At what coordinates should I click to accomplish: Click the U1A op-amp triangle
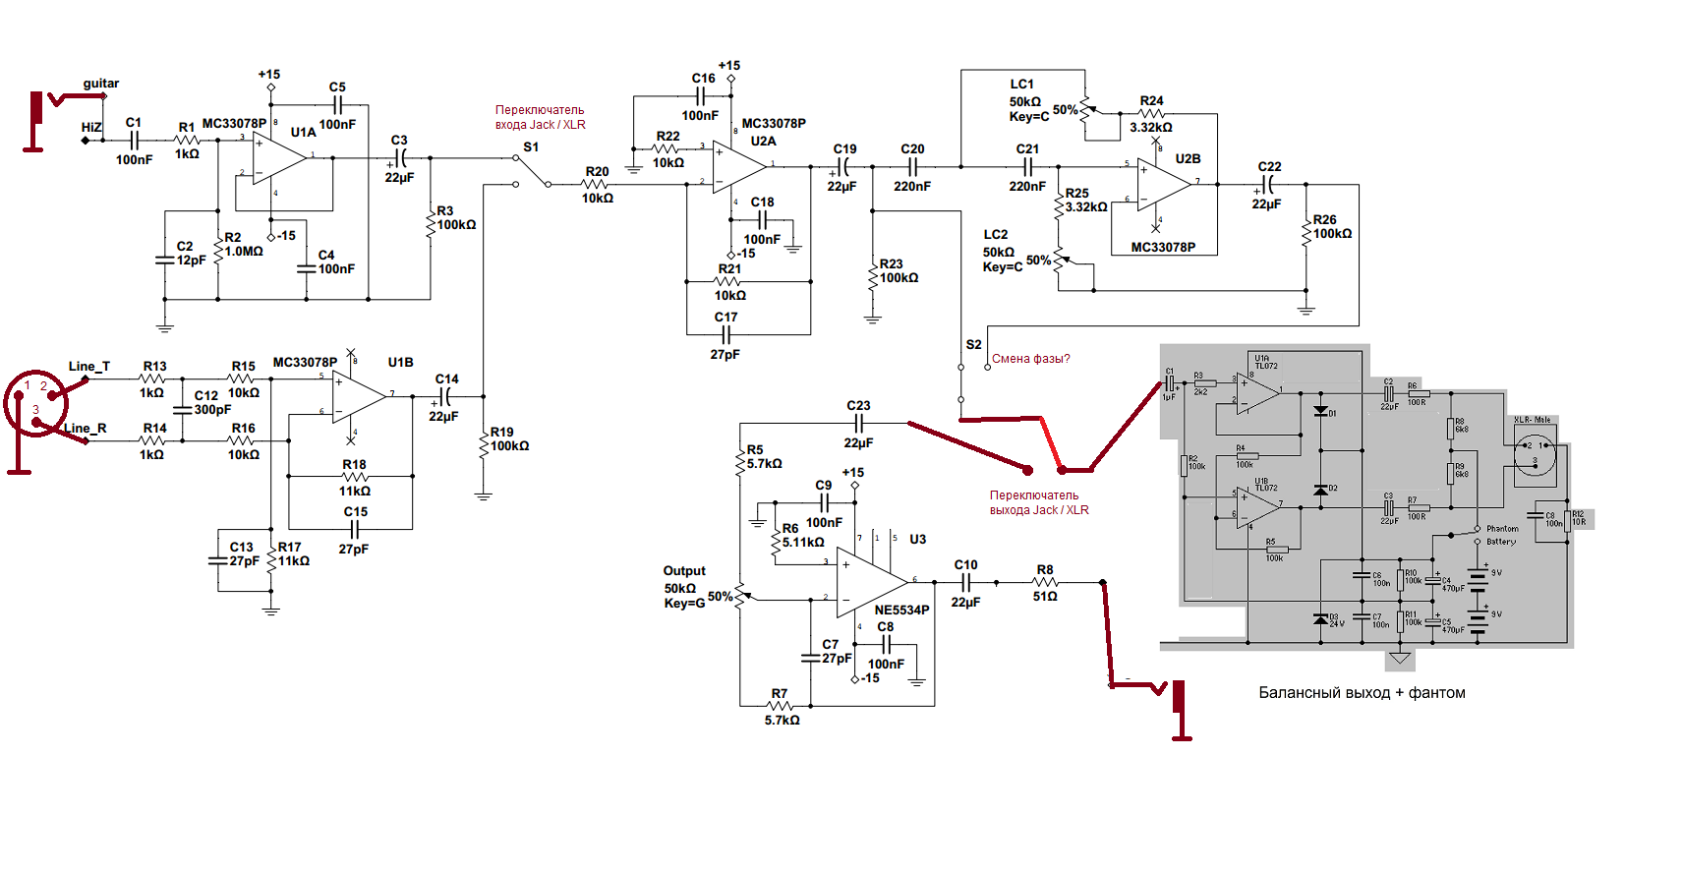tap(278, 156)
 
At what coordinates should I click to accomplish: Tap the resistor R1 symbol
tap(187, 141)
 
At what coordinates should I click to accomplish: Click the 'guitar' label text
tap(100, 84)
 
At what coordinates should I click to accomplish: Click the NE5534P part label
tap(901, 610)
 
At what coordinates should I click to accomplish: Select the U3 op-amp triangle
tap(869, 581)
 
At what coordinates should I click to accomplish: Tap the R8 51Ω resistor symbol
tap(1045, 583)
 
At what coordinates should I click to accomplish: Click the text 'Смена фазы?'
tap(1030, 359)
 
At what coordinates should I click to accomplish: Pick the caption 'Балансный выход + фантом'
tap(1362, 693)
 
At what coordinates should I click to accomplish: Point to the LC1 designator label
tap(1021, 85)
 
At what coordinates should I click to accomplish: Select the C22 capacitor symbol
tap(1267, 184)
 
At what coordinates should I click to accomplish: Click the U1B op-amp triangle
tap(359, 396)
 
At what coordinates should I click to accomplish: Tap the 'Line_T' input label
tap(88, 367)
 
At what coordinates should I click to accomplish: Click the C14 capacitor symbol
tap(446, 396)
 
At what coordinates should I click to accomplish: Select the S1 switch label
tap(531, 147)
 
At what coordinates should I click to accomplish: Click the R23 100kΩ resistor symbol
tap(872, 274)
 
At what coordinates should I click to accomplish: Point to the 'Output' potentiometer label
tap(684, 571)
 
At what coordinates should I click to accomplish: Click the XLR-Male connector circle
tap(1535, 452)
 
